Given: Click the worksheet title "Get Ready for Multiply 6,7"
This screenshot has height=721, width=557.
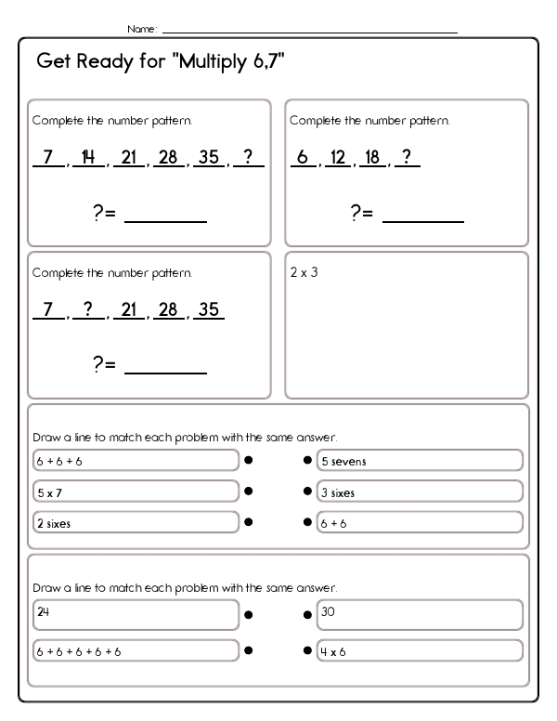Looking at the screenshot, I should pos(160,62).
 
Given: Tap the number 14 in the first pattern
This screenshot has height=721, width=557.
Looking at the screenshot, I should pos(89,158).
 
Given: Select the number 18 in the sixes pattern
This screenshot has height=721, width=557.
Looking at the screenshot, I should pos(372,158).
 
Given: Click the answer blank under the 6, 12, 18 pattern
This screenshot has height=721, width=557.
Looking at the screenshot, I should pos(422,214).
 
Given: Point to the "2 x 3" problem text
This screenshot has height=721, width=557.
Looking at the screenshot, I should pos(304,273).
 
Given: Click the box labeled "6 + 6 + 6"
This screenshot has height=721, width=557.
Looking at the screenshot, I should pos(136,460).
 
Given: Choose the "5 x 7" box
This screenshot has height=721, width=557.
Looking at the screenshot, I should pos(136,492).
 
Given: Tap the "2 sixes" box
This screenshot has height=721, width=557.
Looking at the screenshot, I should pos(136,522).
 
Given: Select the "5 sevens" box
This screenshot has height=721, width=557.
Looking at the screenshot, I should pos(420,460).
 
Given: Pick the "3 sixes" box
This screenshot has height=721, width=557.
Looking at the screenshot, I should pos(420,492).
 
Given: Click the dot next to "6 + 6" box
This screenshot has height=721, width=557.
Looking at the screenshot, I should pos(307,522).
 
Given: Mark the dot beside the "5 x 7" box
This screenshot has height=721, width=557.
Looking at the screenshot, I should pos(249,492).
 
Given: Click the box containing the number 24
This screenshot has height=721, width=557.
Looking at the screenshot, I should pos(136,614).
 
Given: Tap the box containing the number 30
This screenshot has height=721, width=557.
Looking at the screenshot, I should pos(420,614).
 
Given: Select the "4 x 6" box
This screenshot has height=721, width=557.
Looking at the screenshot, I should pos(420,650).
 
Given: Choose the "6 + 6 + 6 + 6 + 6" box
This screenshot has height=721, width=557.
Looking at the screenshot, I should pos(136,650).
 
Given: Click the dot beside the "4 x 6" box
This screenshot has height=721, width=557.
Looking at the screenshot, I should pos(307,650).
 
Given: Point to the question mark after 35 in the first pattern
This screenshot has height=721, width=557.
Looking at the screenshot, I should pos(249,158).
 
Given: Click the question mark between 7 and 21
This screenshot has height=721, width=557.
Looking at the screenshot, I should pos(89,310).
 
